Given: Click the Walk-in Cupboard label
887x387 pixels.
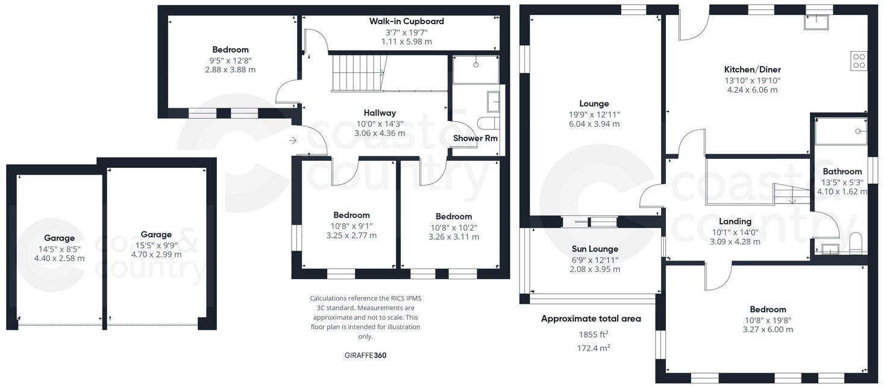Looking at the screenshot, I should [x=406, y=21].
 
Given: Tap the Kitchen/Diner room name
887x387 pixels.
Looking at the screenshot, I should [x=752, y=69].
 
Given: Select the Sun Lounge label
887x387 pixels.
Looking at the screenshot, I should [x=595, y=249].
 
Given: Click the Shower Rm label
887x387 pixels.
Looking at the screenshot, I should [x=475, y=138].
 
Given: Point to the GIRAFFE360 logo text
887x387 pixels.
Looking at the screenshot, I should [x=365, y=355].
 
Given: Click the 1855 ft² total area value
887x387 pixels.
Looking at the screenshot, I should [x=594, y=334].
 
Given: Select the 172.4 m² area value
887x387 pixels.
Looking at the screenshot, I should [x=594, y=348].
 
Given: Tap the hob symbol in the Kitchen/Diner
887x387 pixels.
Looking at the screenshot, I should [x=859, y=61].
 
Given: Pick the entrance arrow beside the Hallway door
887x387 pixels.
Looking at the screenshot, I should [x=293, y=141].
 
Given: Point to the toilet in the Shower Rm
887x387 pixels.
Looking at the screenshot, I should [x=488, y=123].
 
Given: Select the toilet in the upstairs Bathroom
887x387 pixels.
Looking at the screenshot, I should [x=856, y=244].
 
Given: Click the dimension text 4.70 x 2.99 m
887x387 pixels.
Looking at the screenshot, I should [x=156, y=255].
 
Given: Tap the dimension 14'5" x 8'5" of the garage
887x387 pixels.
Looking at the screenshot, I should [x=59, y=249].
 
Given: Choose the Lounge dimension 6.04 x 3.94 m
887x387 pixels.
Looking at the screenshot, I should [x=594, y=124].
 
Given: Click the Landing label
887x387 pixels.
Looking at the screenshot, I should [x=735, y=221].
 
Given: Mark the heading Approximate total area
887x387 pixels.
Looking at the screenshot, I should [x=591, y=318].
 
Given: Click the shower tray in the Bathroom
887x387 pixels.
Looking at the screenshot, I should [x=841, y=131].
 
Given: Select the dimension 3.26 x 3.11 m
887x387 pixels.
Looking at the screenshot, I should [x=454, y=237].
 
